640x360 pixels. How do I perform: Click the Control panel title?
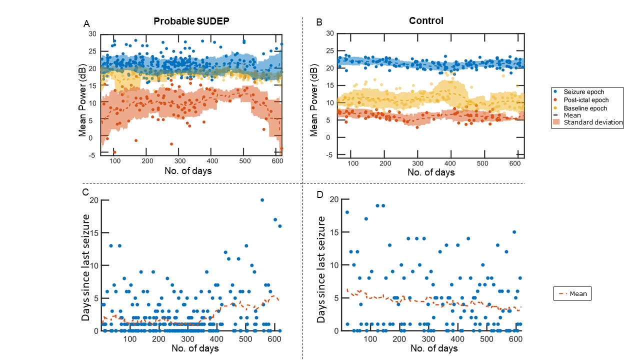pyautogui.click(x=426, y=21)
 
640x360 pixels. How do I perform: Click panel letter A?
pyautogui.click(x=86, y=23)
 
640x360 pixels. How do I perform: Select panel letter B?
pyautogui.click(x=319, y=22)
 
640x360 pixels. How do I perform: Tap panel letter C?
pyautogui.click(x=85, y=192)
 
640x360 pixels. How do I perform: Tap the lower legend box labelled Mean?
pyautogui.click(x=572, y=294)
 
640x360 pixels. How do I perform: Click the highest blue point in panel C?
pyautogui.click(x=262, y=200)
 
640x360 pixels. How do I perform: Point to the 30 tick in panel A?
pyautogui.click(x=92, y=34)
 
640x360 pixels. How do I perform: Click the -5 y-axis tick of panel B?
pyautogui.click(x=329, y=155)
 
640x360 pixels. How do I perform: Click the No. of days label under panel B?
pyautogui.click(x=431, y=172)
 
